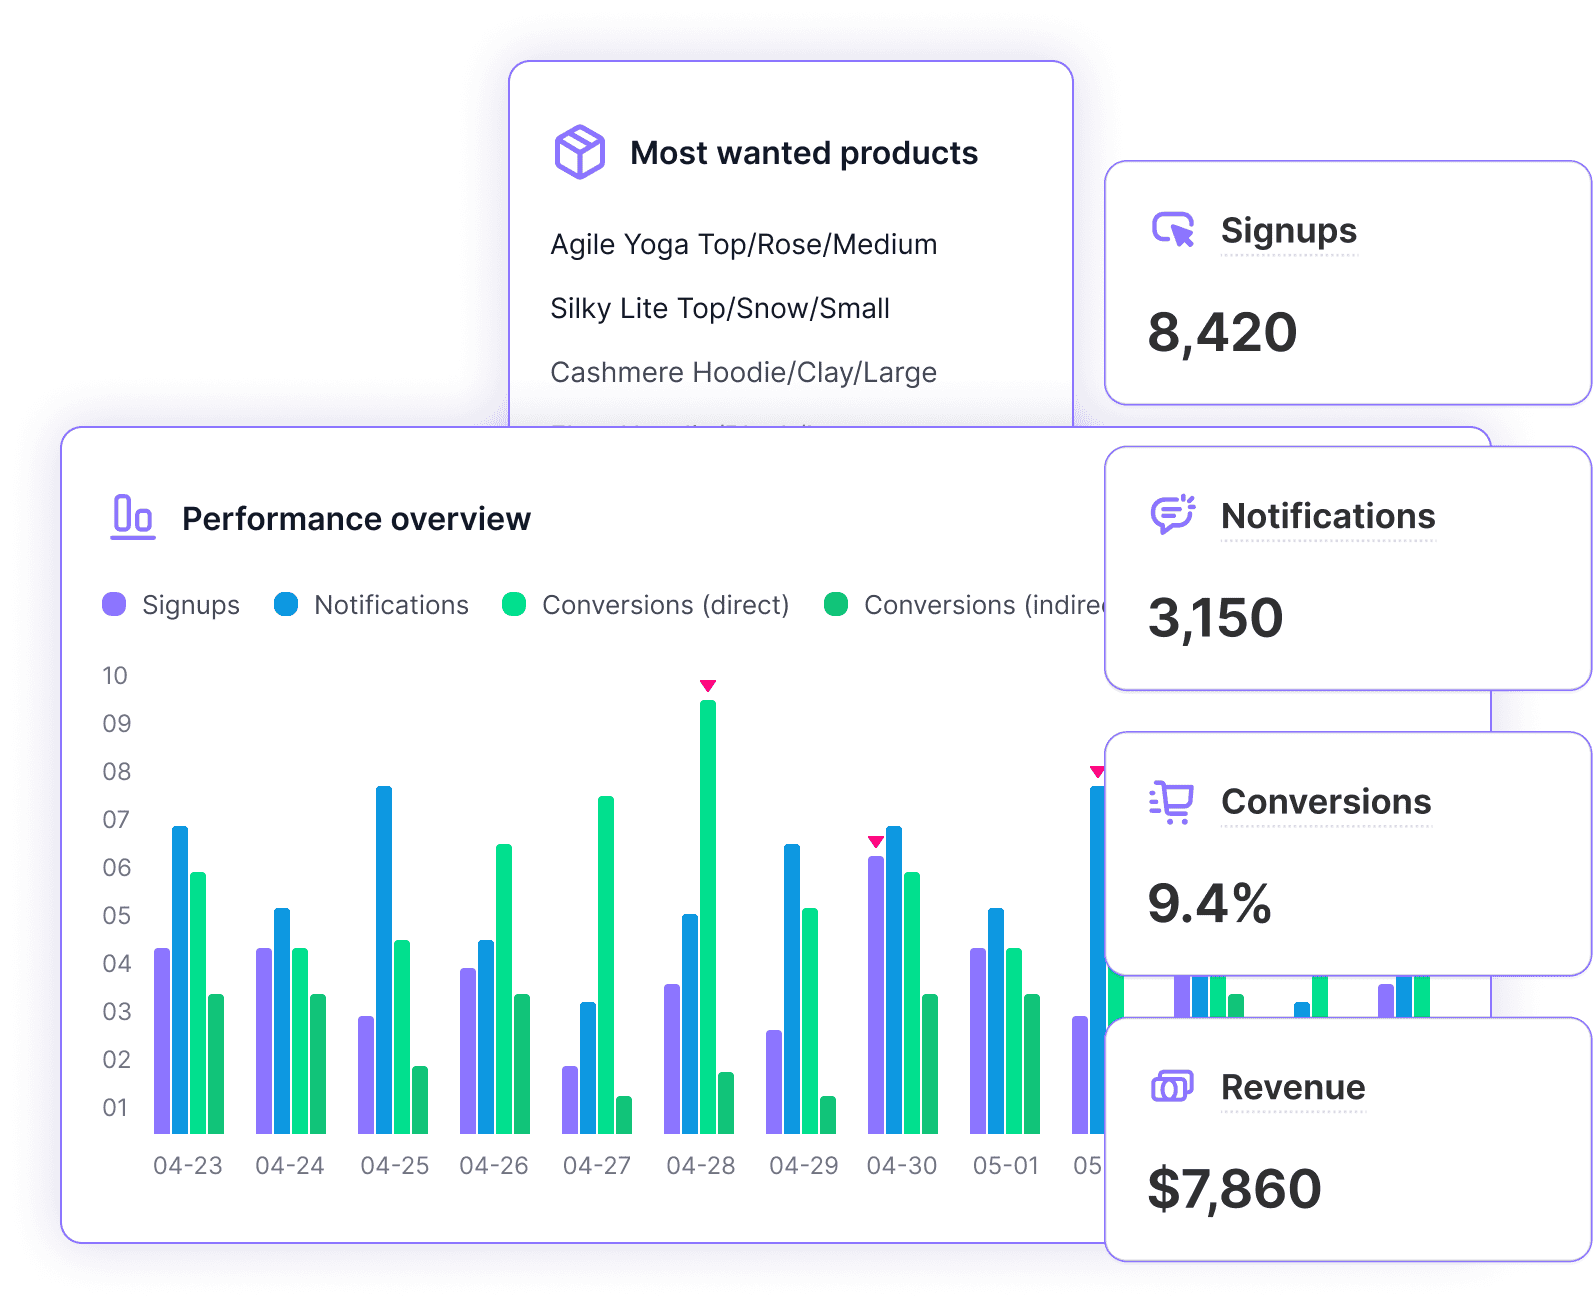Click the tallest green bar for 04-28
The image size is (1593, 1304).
point(708,915)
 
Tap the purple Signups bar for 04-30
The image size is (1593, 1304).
point(876,994)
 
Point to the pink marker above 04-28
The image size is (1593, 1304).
point(708,686)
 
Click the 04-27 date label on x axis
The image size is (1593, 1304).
point(597,1165)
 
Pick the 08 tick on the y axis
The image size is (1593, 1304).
point(117,771)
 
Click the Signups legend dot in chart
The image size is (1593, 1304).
point(114,604)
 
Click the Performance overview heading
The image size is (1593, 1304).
point(356,519)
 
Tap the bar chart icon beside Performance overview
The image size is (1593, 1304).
point(132,517)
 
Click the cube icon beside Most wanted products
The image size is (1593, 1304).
point(580,152)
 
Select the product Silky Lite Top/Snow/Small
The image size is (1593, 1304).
point(720,308)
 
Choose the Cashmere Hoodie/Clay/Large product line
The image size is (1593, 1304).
point(743,372)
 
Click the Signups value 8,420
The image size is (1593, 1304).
point(1222,333)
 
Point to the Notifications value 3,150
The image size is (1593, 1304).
point(1215,618)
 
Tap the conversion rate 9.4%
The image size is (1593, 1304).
point(1209,903)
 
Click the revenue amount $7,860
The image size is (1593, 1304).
point(1234,1188)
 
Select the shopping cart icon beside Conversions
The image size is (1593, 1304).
point(1172,801)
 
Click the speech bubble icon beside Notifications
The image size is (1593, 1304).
point(1172,515)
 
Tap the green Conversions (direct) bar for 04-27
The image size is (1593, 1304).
point(606,964)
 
